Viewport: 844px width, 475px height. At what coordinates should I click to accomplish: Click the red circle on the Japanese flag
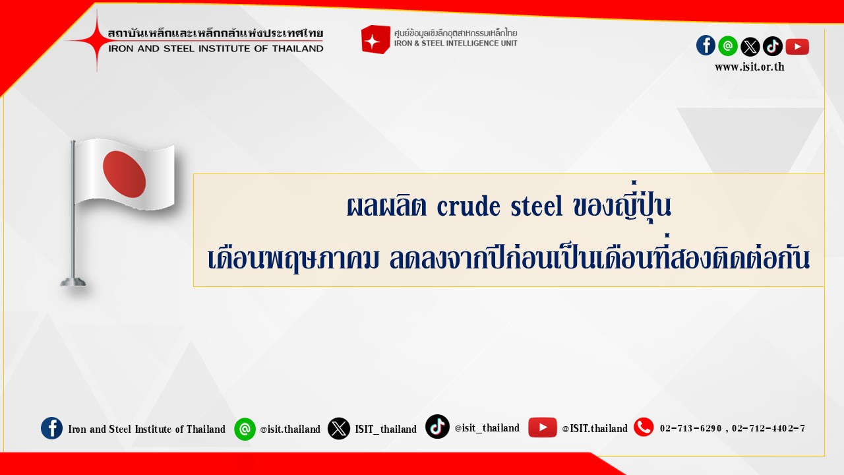pos(125,175)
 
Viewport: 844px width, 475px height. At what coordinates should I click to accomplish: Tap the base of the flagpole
pos(73,282)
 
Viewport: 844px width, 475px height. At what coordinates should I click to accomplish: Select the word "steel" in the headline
pos(537,206)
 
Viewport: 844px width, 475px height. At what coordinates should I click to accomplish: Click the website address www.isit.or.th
pos(750,67)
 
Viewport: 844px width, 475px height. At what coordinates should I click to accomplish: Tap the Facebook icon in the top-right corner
pos(706,46)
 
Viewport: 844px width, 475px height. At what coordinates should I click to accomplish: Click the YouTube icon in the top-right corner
pos(797,47)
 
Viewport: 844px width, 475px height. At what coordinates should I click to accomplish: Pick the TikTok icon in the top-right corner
pos(772,46)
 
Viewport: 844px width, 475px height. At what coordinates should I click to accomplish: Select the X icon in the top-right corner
pos(750,47)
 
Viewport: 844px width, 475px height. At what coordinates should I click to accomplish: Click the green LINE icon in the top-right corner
pos(728,46)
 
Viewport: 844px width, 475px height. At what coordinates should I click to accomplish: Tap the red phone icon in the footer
pos(644,427)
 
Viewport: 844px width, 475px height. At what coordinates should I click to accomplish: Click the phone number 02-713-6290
pos(690,428)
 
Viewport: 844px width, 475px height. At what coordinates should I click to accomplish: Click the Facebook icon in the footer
pos(51,428)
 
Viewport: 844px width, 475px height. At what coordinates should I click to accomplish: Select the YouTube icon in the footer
pos(542,427)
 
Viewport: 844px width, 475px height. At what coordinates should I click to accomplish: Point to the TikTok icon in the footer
pos(437,426)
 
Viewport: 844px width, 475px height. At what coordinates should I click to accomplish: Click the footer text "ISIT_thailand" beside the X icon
pos(386,429)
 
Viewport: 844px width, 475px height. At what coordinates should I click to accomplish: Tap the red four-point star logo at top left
pos(96,40)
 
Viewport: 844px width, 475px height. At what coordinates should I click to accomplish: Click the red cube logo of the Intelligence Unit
pos(375,39)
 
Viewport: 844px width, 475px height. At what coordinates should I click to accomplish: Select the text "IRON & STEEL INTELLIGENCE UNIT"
pos(456,44)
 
